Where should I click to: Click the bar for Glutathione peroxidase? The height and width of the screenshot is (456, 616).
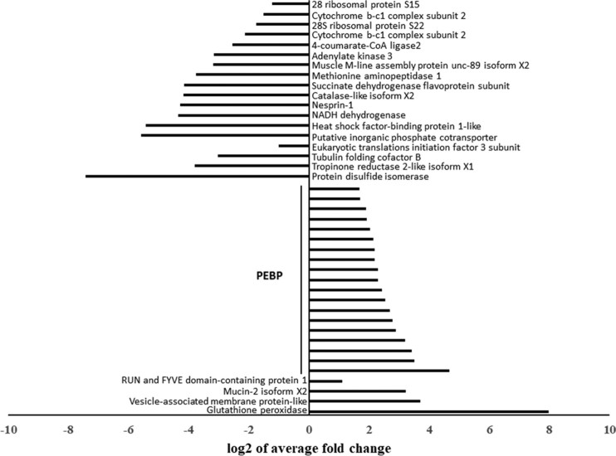tap(428, 410)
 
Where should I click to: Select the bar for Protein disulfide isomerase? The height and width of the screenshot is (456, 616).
tap(197, 176)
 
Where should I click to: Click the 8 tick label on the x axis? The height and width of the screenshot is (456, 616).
tap(549, 429)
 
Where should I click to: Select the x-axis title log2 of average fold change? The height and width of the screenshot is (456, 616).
tap(309, 448)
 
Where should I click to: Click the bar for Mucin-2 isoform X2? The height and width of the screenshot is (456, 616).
tap(357, 391)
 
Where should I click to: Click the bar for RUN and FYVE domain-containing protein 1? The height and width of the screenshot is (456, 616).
tap(325, 381)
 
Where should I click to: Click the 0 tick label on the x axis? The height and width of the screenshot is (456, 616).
tap(309, 429)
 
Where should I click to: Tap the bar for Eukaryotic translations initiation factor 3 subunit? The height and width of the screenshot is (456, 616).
tap(294, 146)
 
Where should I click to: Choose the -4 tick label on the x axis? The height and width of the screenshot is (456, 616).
tap(188, 429)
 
